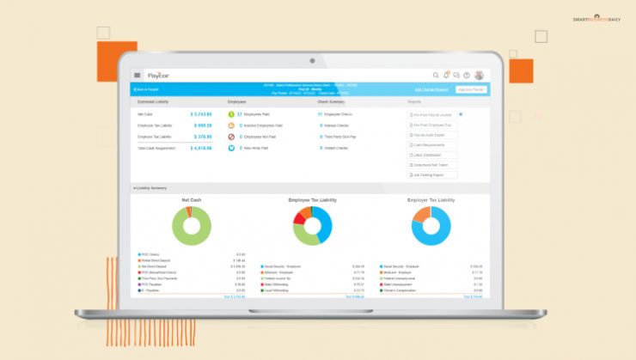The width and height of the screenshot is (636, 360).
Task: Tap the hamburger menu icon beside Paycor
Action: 138,75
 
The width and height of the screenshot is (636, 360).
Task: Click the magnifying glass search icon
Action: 436,75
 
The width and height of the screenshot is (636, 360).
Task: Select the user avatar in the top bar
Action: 479,75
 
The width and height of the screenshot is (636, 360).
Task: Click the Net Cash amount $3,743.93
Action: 201,113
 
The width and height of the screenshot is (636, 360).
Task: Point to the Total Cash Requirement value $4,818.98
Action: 201,148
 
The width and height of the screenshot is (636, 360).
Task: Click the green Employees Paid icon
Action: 231,113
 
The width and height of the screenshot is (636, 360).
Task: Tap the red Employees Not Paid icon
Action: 231,137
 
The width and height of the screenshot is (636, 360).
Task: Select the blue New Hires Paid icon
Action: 231,148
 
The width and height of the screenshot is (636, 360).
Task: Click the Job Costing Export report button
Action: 434,174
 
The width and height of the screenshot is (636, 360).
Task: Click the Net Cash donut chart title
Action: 191,199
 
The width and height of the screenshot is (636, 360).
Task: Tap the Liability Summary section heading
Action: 151,187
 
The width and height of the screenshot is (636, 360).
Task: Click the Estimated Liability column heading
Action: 154,101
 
